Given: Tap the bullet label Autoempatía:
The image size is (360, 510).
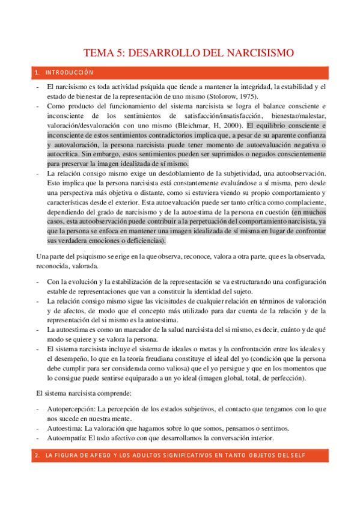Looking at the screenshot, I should click(x=66, y=438).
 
